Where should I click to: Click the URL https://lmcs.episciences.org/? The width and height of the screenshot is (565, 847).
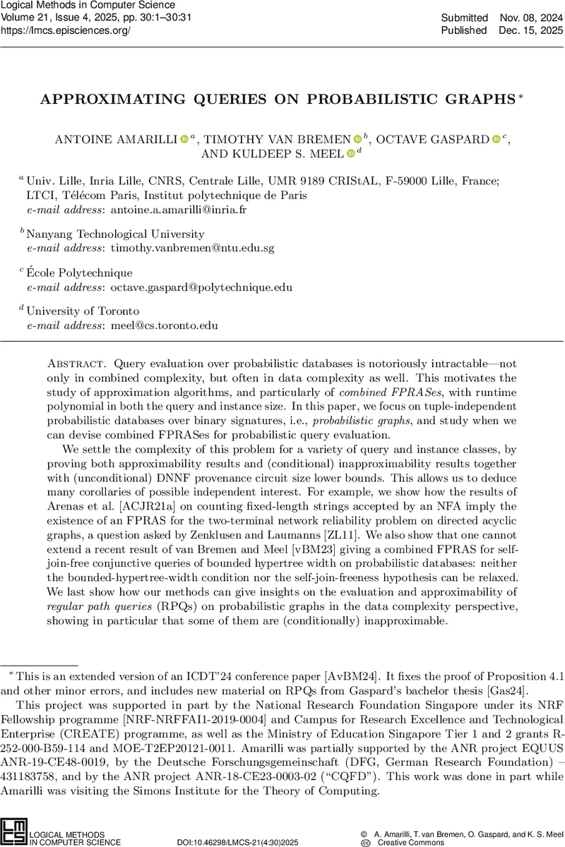coord(66,30)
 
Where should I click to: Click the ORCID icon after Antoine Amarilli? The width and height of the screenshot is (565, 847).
coord(184,140)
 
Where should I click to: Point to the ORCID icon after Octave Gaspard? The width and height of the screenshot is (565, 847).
coord(496,140)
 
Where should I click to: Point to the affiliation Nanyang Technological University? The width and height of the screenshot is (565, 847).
coord(115,234)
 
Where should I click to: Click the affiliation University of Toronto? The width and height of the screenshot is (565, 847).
coord(83,311)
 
